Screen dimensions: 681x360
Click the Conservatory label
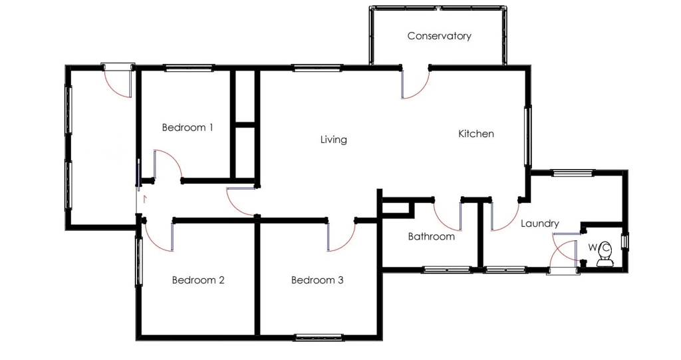pyautogui.click(x=439, y=36)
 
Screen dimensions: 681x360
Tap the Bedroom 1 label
pyautogui.click(x=187, y=127)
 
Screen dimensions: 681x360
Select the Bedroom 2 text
pyautogui.click(x=198, y=280)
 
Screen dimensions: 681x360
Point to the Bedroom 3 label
pyautogui.click(x=317, y=280)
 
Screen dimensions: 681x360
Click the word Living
pyautogui.click(x=334, y=140)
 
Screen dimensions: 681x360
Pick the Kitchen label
pyautogui.click(x=476, y=134)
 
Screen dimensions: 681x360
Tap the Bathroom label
pyautogui.click(x=431, y=236)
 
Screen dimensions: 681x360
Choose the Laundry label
pyautogui.click(x=540, y=224)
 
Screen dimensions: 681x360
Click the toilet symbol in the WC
pyautogui.click(x=605, y=255)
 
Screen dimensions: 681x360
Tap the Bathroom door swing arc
pyautogui.click(x=442, y=222)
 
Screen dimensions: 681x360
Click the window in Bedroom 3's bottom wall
pyautogui.click(x=319, y=337)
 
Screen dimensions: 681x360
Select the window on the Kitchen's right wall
pyautogui.click(x=527, y=136)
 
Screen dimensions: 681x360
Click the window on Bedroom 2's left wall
pyautogui.click(x=139, y=262)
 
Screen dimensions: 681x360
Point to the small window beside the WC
pyautogui.click(x=625, y=242)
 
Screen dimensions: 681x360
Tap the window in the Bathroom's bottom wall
pyautogui.click(x=447, y=270)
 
